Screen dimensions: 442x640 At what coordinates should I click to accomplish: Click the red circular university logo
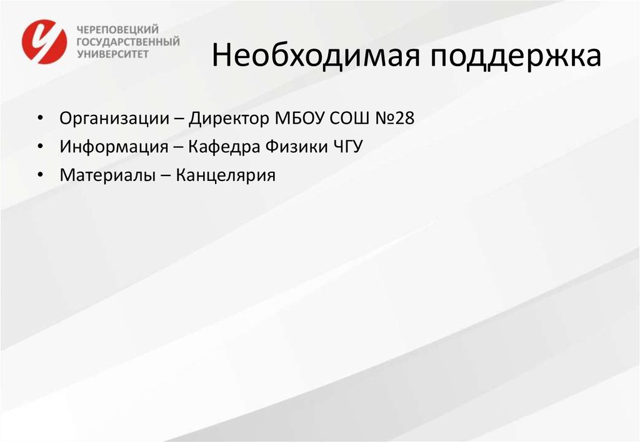(44, 41)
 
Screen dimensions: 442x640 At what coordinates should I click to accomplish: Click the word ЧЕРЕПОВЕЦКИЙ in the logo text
(117, 29)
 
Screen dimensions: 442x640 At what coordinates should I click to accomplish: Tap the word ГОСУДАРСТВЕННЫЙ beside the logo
(127, 41)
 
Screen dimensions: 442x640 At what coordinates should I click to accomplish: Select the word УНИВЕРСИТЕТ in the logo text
(112, 54)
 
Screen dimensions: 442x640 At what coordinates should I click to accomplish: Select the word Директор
(231, 119)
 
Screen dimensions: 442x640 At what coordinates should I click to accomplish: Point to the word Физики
(295, 147)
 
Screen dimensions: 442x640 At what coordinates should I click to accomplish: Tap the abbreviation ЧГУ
(347, 147)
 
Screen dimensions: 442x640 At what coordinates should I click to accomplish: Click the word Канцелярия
(226, 175)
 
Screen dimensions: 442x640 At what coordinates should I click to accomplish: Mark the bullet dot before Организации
(40, 119)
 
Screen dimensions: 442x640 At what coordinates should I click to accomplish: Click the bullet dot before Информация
(40, 147)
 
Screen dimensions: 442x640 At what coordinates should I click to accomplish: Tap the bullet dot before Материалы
(40, 175)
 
